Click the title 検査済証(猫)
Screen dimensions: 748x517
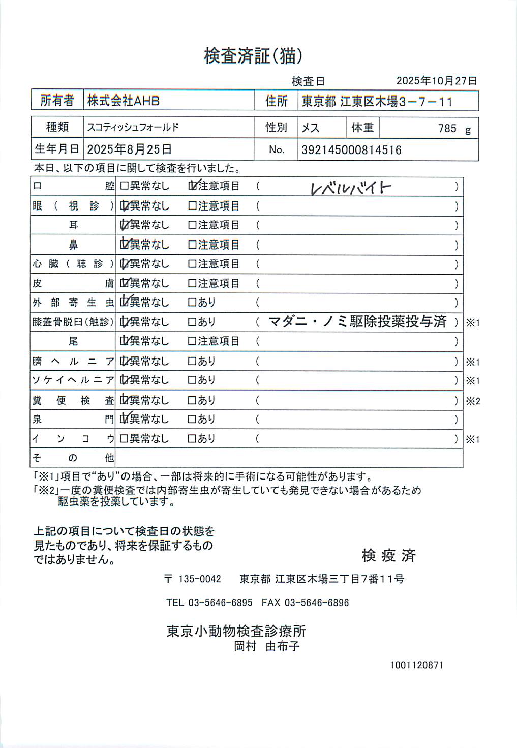253,56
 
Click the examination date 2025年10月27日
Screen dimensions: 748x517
436,81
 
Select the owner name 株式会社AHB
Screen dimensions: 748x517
124,101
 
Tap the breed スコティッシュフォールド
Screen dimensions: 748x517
133,127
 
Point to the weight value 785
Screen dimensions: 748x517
447,129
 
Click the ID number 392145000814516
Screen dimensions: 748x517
351,150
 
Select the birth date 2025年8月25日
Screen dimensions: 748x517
129,149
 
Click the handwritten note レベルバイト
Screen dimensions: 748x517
351,188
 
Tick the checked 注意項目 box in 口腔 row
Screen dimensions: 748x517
192,186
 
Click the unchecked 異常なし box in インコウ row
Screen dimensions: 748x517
124,438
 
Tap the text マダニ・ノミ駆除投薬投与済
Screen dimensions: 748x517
357,322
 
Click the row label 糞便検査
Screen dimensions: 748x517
73,400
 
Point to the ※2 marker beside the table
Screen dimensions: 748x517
473,401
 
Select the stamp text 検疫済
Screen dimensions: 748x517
388,555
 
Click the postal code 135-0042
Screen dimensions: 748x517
199,579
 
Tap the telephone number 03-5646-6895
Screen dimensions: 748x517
220,603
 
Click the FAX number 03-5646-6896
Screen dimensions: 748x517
316,603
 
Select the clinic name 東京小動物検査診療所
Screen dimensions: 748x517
236,631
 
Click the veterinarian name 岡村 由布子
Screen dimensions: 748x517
266,646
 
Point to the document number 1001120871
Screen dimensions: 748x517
416,665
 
